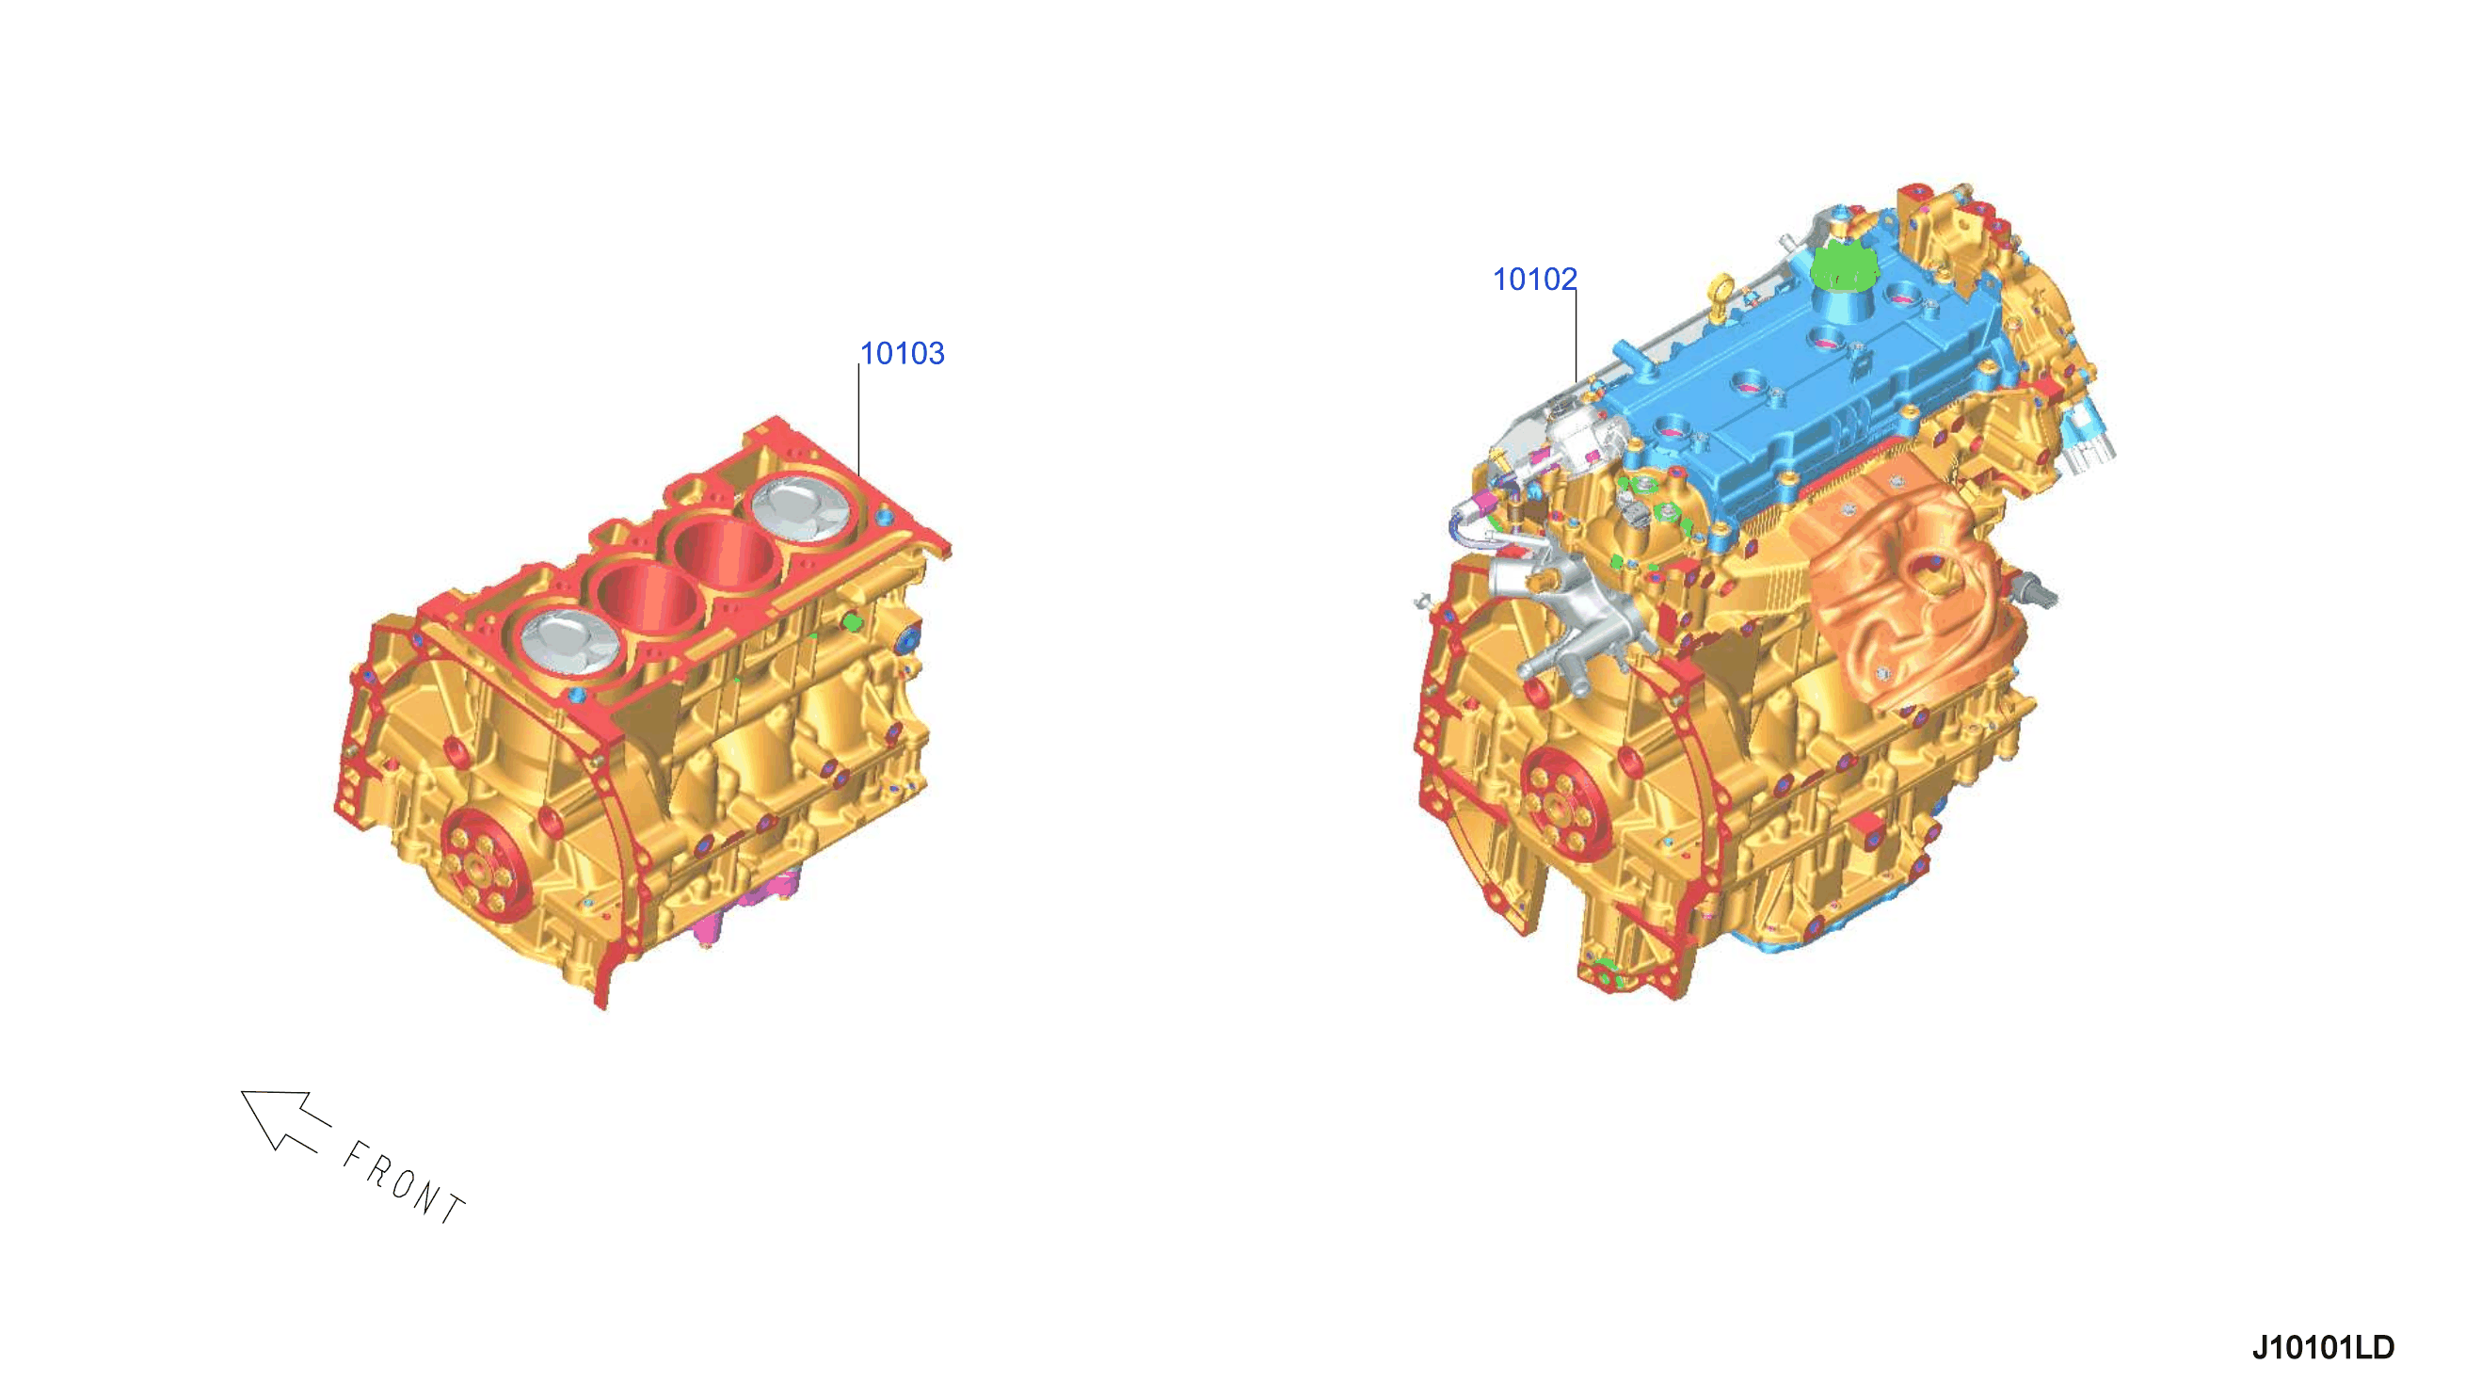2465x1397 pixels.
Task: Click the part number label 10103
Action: (902, 354)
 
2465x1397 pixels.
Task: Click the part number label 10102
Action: (1535, 280)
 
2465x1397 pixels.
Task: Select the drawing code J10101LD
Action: (2323, 1347)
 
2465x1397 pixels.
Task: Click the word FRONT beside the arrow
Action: (404, 1183)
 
